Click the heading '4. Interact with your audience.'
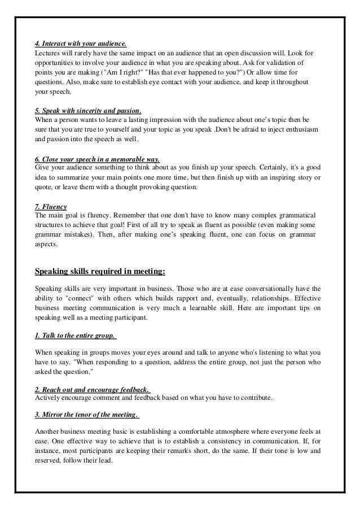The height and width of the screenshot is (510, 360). click(81, 43)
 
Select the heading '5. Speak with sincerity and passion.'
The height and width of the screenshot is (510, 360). click(89, 111)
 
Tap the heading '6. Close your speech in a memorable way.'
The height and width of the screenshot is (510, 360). click(98, 160)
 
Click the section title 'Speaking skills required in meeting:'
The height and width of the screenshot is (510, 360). click(100, 271)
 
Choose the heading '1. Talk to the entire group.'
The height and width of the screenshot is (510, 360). click(76, 335)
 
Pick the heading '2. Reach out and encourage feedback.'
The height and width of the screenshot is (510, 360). click(93, 390)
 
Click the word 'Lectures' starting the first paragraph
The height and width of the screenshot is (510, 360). click(48, 53)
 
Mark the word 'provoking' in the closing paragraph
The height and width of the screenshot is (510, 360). click(154, 188)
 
